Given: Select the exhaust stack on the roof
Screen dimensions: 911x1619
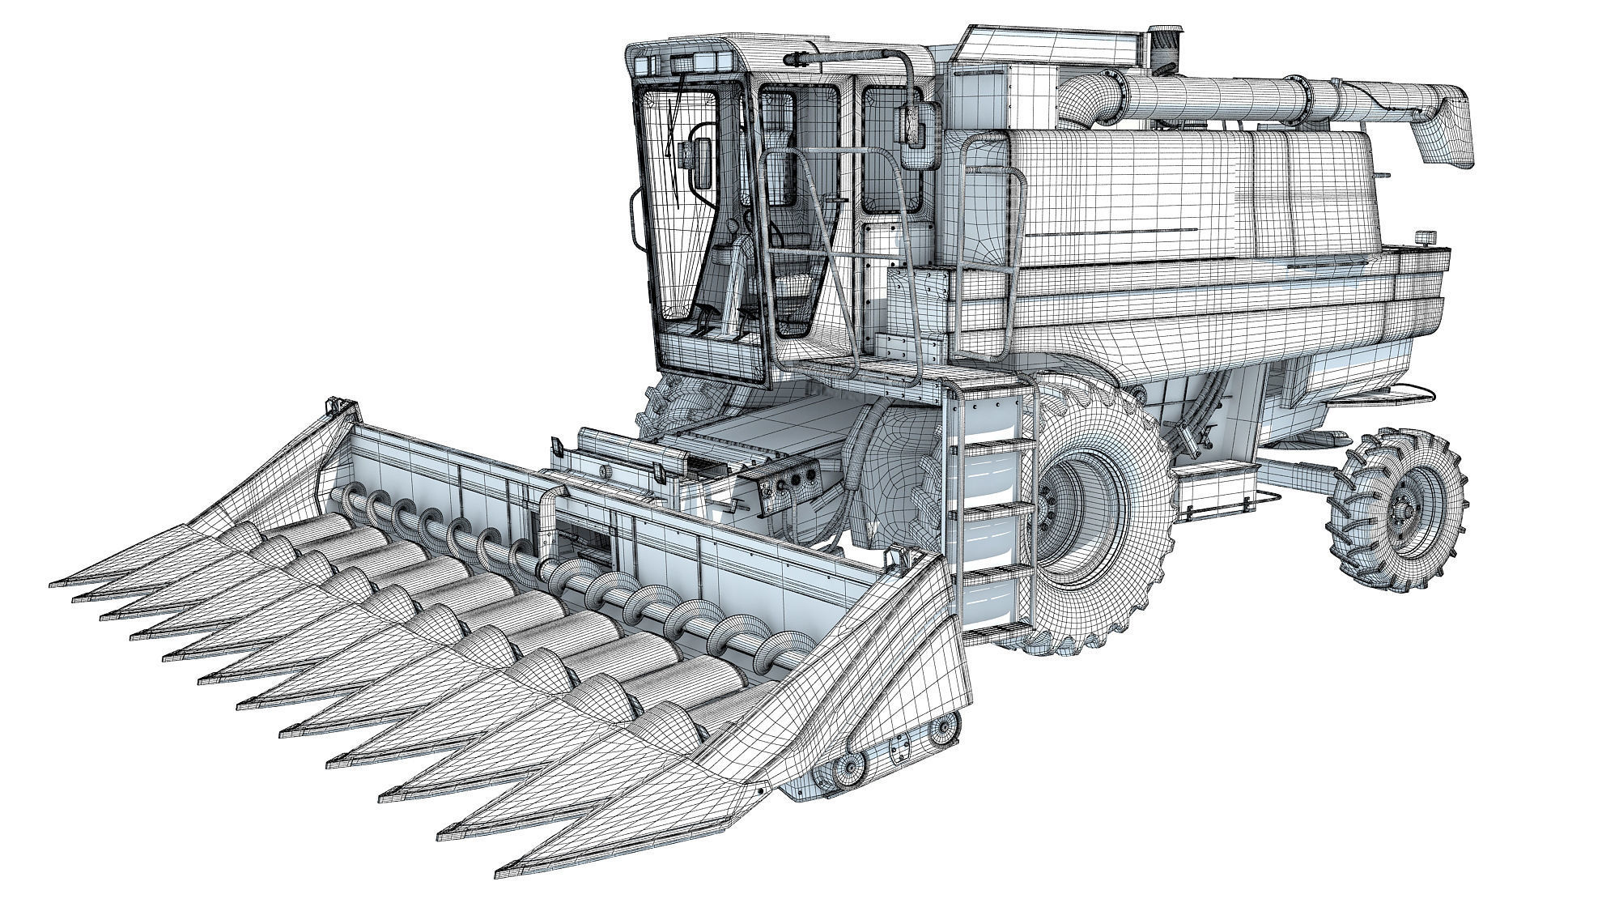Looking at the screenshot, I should [x=1165, y=45].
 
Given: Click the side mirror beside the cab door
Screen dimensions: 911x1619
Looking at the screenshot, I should [x=917, y=130].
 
